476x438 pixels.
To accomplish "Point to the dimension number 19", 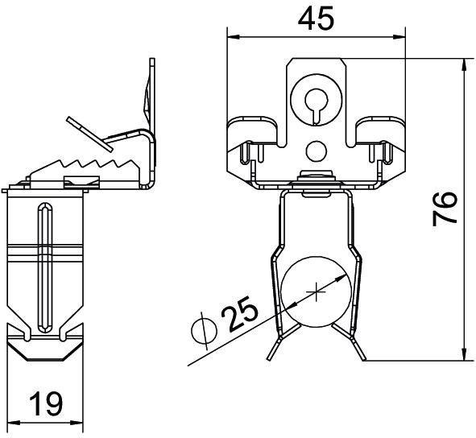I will point(48,403).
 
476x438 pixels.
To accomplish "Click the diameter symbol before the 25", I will point(205,330).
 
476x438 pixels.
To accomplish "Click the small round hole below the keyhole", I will point(317,148).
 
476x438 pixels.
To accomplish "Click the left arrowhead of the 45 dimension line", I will point(231,36).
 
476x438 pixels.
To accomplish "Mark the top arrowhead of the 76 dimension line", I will point(465,64).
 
